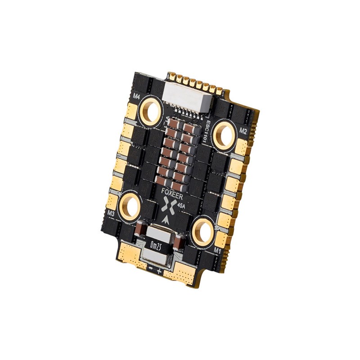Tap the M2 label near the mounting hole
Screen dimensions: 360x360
coord(243,131)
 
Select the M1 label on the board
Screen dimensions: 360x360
coord(218,248)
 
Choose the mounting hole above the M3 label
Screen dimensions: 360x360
coord(131,206)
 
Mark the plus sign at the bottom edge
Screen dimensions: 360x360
coord(160,272)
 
